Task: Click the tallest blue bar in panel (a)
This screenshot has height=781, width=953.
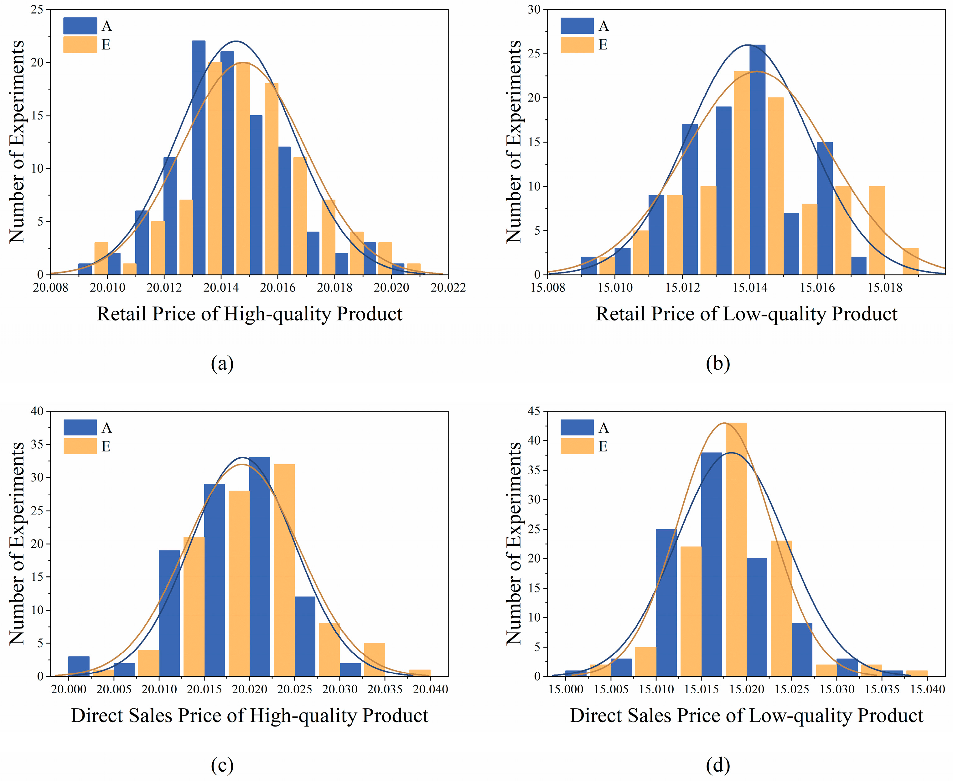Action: [198, 158]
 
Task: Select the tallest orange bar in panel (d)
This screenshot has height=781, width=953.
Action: [736, 549]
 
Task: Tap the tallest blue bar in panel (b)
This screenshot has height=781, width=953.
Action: [757, 160]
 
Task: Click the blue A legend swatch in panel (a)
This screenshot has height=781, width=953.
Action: [80, 26]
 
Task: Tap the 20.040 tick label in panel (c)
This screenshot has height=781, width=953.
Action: [430, 689]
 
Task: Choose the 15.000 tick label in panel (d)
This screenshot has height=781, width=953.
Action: [566, 689]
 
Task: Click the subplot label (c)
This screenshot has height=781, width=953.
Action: [222, 764]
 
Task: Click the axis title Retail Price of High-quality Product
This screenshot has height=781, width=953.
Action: [250, 314]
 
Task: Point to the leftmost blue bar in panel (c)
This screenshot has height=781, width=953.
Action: [79, 666]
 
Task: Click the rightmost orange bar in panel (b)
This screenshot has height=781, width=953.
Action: [910, 261]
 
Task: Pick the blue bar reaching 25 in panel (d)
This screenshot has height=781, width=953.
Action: [666, 603]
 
